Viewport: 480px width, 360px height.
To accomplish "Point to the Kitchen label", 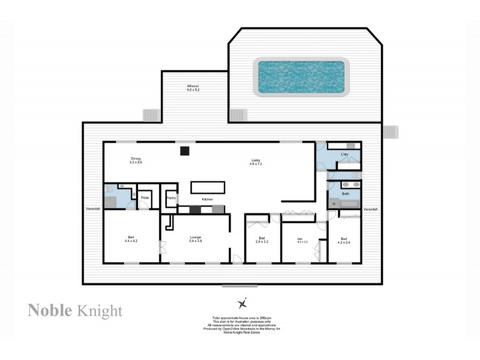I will tap(208, 199).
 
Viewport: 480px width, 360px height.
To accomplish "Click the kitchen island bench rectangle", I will tap(208, 187).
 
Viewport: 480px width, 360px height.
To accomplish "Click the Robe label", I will tap(145, 197).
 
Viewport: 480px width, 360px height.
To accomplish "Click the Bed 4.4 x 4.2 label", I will tap(131, 239).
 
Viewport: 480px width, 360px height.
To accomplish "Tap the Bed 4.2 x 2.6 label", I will tap(344, 240).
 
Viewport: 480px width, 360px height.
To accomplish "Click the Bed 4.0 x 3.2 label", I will tap(302, 240).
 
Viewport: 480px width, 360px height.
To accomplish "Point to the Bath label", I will tap(345, 194).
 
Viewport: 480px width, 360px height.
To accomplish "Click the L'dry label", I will tap(344, 155).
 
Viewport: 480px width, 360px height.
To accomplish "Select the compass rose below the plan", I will tap(242, 302).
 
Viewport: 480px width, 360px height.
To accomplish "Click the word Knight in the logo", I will tap(101, 310).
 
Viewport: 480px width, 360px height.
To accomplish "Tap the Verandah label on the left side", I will tap(92, 209).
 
